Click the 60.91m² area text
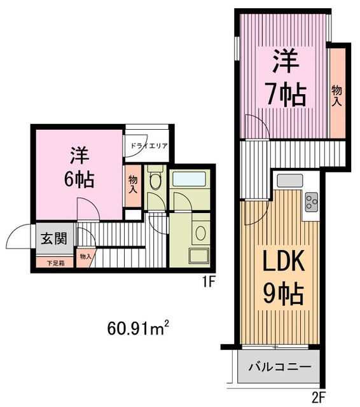click(137, 329)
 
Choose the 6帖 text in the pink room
click(80, 179)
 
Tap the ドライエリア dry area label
click(149, 146)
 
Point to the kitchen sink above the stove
click(293, 180)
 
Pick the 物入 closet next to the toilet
click(133, 185)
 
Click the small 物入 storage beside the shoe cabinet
click(85, 256)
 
